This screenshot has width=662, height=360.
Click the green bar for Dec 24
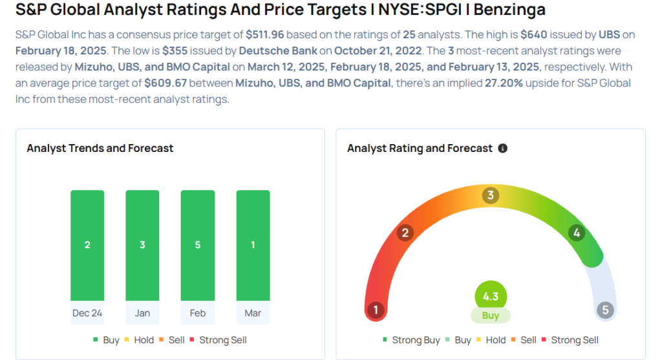[87, 245]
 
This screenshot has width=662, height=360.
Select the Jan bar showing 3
[142, 245]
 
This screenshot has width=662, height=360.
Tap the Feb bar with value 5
[198, 245]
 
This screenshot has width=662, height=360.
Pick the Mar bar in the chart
[253, 245]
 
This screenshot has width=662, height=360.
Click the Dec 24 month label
[87, 313]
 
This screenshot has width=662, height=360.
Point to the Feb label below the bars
[198, 313]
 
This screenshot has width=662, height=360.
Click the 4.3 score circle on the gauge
[491, 297]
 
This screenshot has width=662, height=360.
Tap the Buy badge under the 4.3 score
[491, 316]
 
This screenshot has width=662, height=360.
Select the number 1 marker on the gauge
[375, 310]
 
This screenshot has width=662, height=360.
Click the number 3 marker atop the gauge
[491, 195]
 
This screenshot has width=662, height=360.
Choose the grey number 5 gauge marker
[606, 310]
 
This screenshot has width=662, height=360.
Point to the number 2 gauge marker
[405, 233]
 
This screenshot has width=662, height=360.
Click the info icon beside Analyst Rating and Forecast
[503, 149]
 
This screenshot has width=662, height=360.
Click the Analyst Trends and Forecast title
[100, 149]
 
